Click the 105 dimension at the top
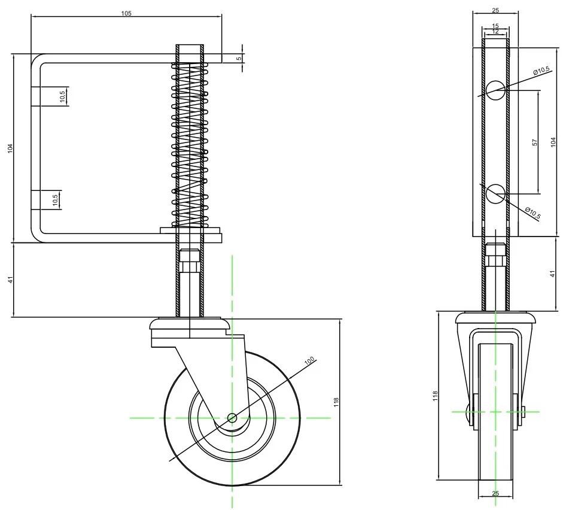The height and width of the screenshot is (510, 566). [x=126, y=13]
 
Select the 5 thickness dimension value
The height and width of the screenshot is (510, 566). [x=239, y=58]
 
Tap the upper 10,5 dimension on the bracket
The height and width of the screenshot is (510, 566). [x=63, y=96]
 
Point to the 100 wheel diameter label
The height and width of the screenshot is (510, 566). [x=309, y=361]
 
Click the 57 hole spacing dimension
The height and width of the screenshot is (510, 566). [x=535, y=142]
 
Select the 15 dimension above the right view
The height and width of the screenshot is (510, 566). [x=495, y=26]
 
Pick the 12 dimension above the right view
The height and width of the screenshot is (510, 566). [x=495, y=31]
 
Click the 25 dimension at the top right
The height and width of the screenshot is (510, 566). [x=495, y=10]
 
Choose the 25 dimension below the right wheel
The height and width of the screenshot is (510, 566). [x=495, y=493]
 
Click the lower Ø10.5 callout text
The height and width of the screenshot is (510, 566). [x=532, y=212]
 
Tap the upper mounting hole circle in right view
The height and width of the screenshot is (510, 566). [x=495, y=90]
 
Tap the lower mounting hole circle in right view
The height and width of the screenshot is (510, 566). [x=495, y=193]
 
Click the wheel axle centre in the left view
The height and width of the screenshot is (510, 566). [x=232, y=417]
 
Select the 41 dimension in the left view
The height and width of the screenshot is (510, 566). [x=10, y=280]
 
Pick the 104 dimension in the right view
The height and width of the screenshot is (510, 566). [x=553, y=142]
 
